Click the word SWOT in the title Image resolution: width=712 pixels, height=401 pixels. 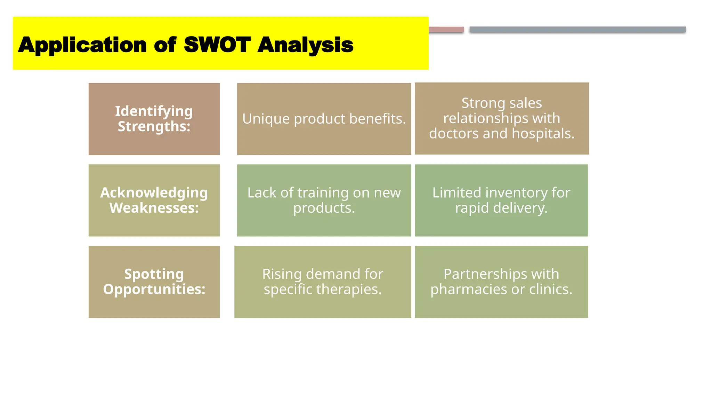(217, 45)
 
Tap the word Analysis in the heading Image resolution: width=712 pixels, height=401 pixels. (305, 46)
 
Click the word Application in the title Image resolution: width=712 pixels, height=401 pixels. (82, 46)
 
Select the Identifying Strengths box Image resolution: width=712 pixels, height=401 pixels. (154, 119)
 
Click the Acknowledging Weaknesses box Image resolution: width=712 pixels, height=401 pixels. (154, 200)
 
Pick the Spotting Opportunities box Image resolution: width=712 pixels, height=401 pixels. (154, 282)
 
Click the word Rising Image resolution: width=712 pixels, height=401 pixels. (282, 274)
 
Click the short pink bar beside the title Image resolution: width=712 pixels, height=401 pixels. (446, 30)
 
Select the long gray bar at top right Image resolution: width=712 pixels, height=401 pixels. (577, 30)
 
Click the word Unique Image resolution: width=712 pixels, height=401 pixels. (266, 119)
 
